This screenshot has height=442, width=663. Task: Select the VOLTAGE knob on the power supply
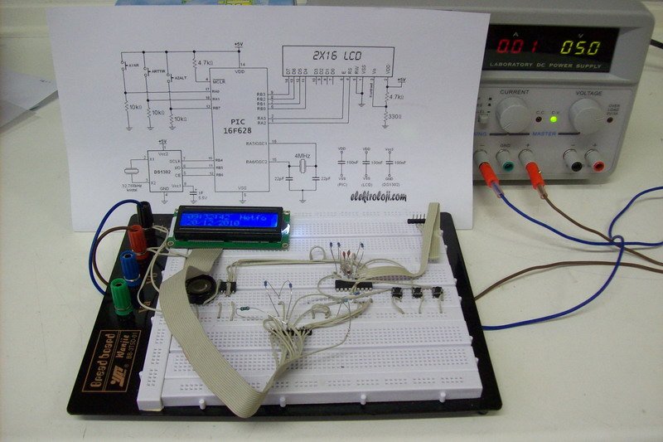pyautogui.click(x=586, y=114)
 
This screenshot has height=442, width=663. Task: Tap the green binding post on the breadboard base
pyautogui.click(x=122, y=294)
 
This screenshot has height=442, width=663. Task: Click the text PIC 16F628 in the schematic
pyautogui.click(x=235, y=124)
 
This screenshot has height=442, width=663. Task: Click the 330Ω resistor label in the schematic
pyautogui.click(x=396, y=116)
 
